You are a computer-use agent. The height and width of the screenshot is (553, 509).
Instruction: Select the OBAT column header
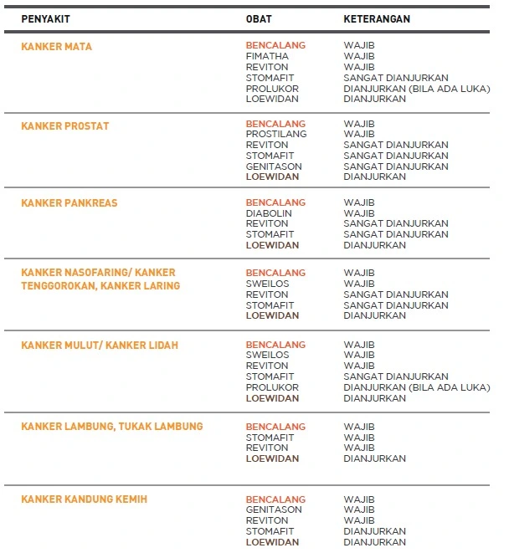(259, 18)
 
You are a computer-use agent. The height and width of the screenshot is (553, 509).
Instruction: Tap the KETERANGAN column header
(377, 18)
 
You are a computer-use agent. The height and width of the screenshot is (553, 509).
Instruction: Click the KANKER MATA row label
(56, 47)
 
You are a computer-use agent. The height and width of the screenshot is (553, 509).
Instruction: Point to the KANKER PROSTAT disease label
(64, 126)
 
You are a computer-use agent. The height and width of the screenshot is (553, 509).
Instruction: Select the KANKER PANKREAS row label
(69, 203)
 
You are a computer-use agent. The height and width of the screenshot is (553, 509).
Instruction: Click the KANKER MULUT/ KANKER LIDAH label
(99, 346)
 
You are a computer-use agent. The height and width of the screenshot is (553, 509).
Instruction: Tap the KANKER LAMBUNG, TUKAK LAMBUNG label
(111, 427)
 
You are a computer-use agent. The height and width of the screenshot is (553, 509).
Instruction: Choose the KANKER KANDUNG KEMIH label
(84, 499)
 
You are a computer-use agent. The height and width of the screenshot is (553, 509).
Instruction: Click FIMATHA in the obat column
(267, 56)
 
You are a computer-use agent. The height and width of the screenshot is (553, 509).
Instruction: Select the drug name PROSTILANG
(276, 134)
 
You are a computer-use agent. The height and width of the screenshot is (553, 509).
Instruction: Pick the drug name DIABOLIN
(269, 213)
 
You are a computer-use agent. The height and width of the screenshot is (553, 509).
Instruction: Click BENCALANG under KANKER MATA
(275, 45)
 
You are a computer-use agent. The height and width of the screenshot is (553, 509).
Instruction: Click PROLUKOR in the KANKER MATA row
(272, 89)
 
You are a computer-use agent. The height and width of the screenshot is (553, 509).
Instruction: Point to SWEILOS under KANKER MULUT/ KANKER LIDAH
(267, 355)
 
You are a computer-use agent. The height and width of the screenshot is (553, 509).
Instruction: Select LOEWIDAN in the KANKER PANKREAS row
(272, 245)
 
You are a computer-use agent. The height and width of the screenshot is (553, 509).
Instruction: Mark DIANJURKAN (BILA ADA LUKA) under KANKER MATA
(416, 89)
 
